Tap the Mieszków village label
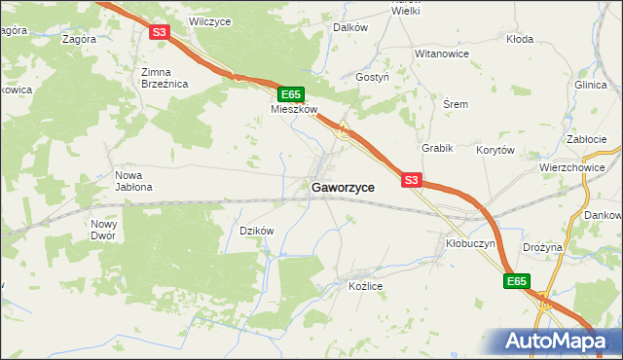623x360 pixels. pos(294,110)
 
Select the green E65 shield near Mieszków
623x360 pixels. pos(290,93)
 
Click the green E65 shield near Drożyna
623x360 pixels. pos(517,281)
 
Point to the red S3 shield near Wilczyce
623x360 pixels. pos(161,32)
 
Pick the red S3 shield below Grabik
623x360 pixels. pos(411,180)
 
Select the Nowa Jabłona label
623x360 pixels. pos(133,181)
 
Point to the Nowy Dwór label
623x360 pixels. pos(104,230)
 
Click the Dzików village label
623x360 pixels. pos(257,231)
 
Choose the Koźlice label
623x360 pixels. pos(366,286)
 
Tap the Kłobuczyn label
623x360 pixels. pos(471,243)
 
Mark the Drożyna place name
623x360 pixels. pos(542,247)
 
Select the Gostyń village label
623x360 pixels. pos(373,76)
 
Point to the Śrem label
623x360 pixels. pos(456,104)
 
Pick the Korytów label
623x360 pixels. pos(495,150)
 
